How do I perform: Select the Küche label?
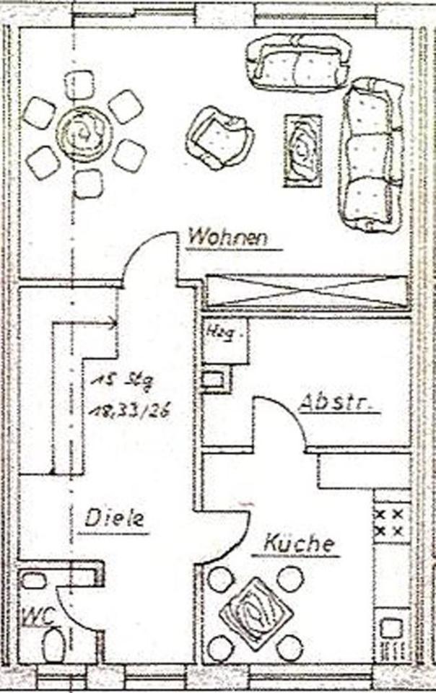pos(300,543)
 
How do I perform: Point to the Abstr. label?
pos(338,401)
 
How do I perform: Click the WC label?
pos(33,615)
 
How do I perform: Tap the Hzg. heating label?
pos(217,334)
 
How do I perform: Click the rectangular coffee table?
pos(304,151)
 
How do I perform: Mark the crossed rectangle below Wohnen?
pos(307,292)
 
